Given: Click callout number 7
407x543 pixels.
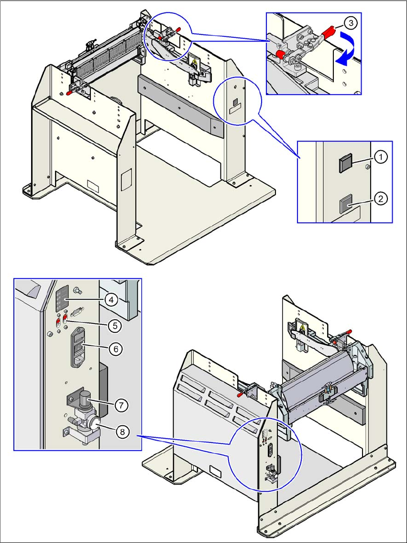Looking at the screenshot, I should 121,405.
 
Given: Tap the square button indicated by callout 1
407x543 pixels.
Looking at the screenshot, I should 344,165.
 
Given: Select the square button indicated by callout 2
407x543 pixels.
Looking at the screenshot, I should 344,205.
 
